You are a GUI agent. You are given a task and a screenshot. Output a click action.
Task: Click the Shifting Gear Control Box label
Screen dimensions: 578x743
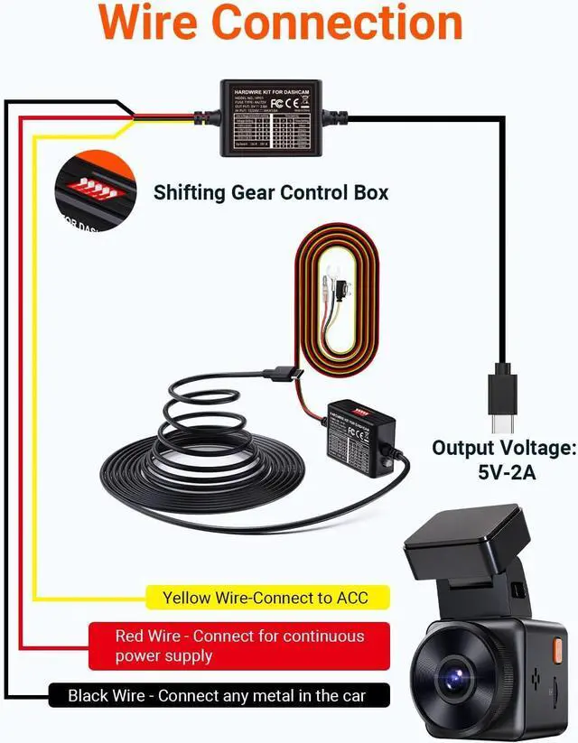(271, 192)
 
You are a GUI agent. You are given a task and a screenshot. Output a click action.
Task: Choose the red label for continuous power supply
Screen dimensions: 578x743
(239, 645)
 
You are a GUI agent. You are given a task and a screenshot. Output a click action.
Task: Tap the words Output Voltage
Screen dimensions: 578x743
(503, 448)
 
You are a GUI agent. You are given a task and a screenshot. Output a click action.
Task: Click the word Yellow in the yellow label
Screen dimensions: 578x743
(186, 598)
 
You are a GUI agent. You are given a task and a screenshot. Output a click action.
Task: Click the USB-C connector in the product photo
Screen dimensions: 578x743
(284, 372)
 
